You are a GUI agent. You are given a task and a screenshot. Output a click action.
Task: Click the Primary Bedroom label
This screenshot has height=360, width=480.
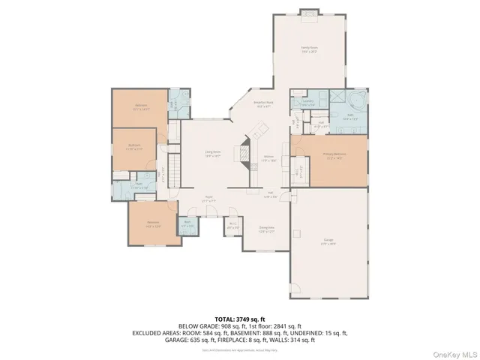coord(334,156)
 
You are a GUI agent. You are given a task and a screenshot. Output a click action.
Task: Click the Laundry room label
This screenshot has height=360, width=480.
coord(307,103)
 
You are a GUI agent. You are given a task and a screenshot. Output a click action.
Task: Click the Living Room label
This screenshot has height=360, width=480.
coord(214,153)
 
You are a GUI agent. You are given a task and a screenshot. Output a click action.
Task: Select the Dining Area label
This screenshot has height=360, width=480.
coord(266,229)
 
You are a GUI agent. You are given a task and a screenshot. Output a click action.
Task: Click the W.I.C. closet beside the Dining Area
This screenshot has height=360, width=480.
coord(232,225)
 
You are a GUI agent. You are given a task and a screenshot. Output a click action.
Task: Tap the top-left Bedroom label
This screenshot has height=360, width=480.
coord(141,106)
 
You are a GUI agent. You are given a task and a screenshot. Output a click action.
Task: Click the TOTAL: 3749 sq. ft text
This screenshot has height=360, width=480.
coord(238,319)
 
